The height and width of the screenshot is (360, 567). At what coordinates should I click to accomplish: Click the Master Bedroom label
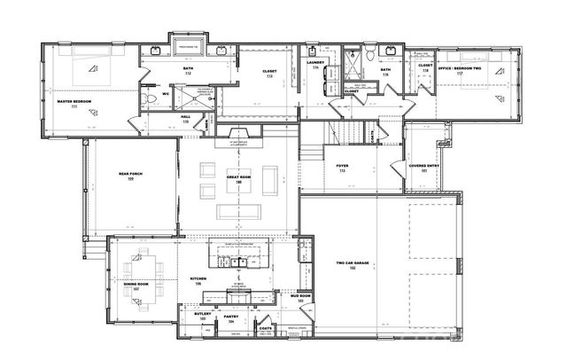coord(76,102)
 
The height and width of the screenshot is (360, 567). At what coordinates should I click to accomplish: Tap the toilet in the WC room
coord(152,95)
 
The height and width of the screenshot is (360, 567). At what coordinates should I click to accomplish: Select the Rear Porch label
coord(130,176)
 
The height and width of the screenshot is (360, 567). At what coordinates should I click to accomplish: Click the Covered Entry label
coord(420,166)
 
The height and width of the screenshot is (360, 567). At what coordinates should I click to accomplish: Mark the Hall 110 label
coord(186,117)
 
